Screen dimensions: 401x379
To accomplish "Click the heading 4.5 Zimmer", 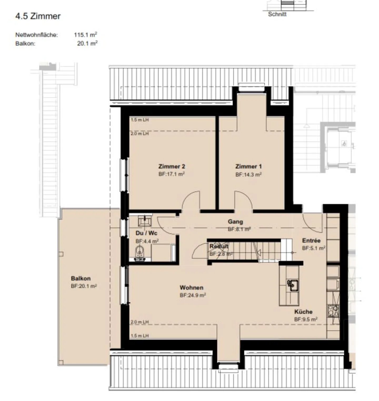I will (38, 16).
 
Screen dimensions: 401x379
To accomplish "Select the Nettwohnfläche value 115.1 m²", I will (85, 35).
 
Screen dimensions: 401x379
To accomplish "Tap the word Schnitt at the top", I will (277, 14).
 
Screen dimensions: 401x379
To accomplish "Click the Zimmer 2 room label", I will (172, 166).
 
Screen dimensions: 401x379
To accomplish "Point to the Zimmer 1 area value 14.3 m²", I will (248, 174).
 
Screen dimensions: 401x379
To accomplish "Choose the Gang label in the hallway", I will (235, 222).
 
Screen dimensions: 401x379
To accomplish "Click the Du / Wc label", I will (146, 233).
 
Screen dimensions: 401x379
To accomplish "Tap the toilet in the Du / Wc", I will (139, 253).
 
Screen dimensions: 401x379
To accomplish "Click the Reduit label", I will (219, 247).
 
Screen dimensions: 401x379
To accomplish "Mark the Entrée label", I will (311, 240).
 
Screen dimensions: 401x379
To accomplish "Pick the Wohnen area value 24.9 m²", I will (193, 295).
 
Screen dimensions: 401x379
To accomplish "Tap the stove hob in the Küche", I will (333, 310).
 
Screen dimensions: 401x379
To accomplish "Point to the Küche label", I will (303, 312).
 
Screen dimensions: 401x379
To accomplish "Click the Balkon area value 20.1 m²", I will (84, 286).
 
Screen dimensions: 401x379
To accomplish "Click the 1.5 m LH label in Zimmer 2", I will (140, 120).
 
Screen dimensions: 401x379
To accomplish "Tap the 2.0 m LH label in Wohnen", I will (140, 322).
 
